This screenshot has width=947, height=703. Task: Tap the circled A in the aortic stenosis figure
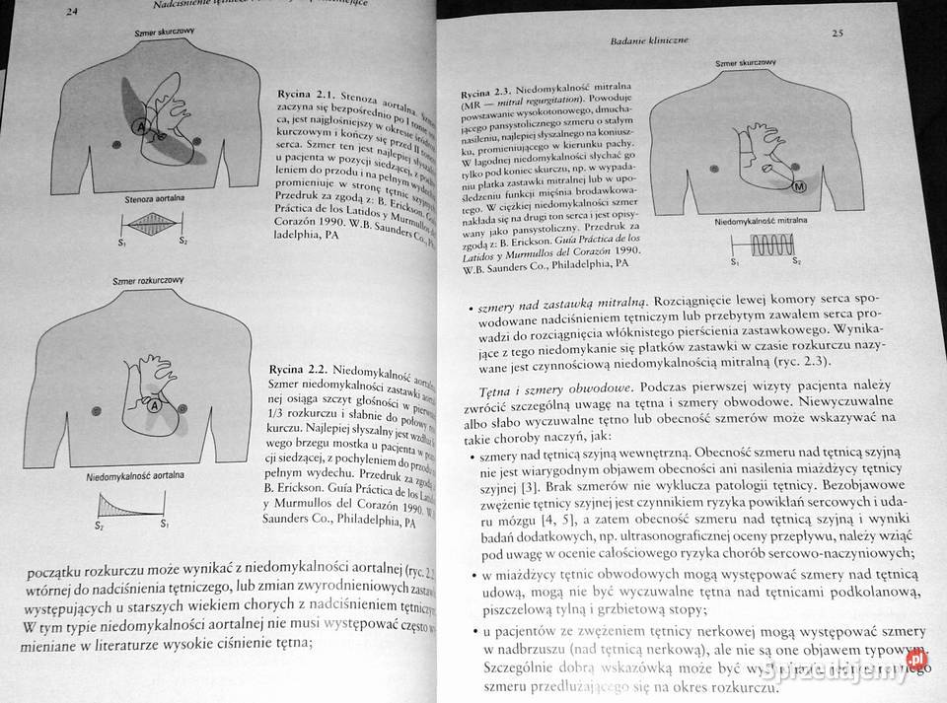coord(141,128)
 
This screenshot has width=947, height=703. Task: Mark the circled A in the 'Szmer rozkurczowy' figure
coord(154,404)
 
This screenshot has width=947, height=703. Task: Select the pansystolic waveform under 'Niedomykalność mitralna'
coord(769,249)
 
